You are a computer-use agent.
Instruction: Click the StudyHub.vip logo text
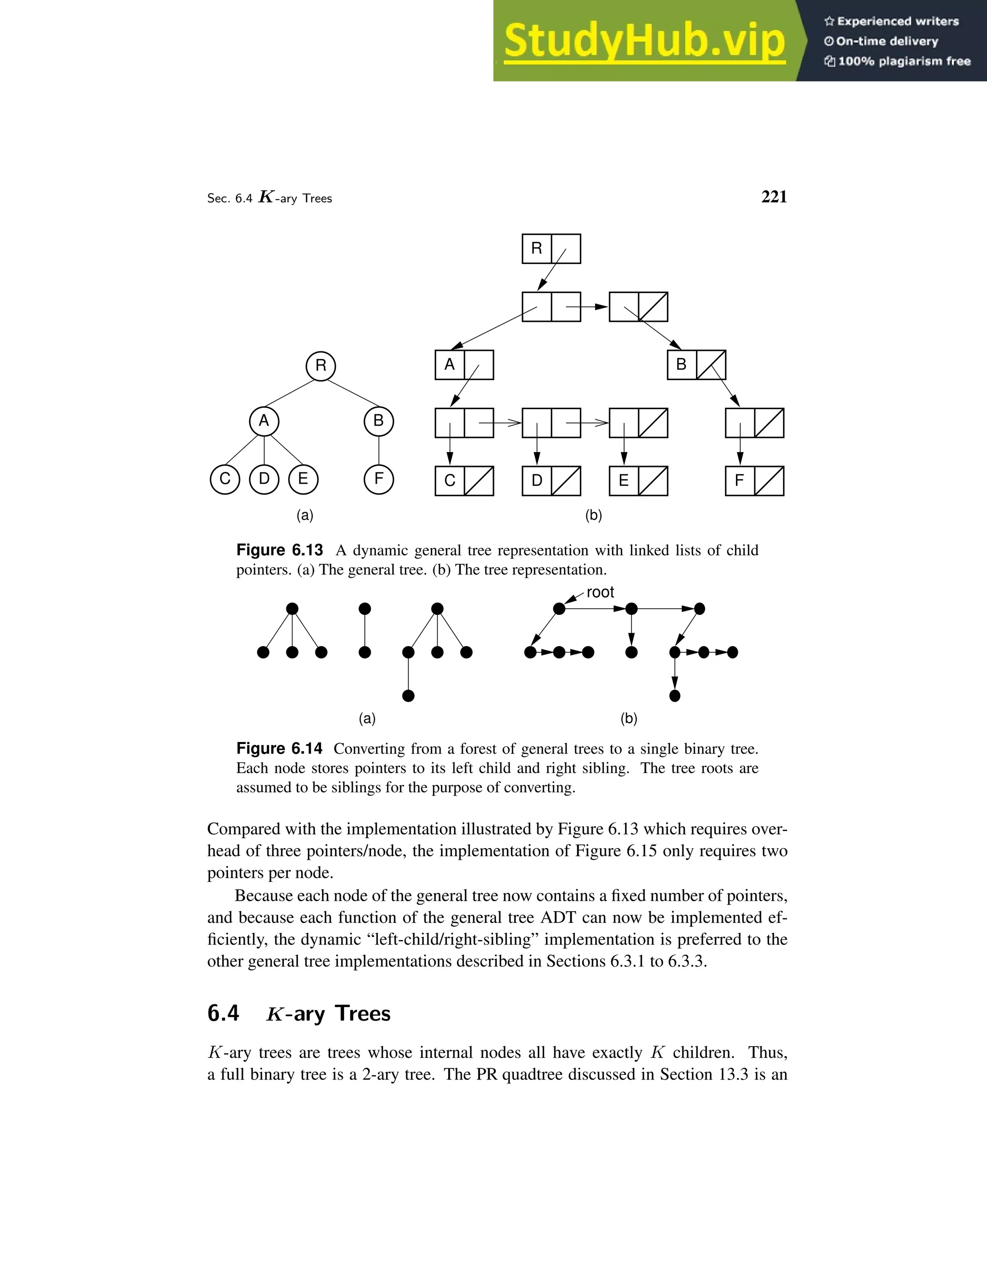click(x=644, y=41)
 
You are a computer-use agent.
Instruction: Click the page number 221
click(x=774, y=197)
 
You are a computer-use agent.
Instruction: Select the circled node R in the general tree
click(x=321, y=366)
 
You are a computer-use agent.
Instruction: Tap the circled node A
click(x=264, y=421)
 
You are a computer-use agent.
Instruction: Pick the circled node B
click(x=379, y=421)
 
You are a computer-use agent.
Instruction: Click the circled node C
click(x=225, y=479)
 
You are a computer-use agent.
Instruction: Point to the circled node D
click(x=264, y=479)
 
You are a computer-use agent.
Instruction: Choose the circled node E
click(x=303, y=479)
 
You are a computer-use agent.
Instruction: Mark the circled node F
click(x=379, y=479)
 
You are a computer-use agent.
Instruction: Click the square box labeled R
click(x=537, y=249)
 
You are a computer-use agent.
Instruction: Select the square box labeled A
click(x=450, y=365)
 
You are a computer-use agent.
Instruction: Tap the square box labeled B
click(x=682, y=365)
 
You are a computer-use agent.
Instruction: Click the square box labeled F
click(x=740, y=480)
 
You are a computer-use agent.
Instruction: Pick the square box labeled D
click(x=537, y=480)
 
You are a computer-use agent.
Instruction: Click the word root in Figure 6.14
click(x=600, y=592)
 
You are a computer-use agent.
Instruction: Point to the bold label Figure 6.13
click(x=280, y=550)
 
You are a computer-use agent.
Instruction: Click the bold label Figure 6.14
click(x=280, y=748)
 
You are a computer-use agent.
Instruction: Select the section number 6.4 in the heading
click(x=223, y=1013)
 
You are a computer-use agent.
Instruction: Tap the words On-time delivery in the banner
click(x=887, y=41)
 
